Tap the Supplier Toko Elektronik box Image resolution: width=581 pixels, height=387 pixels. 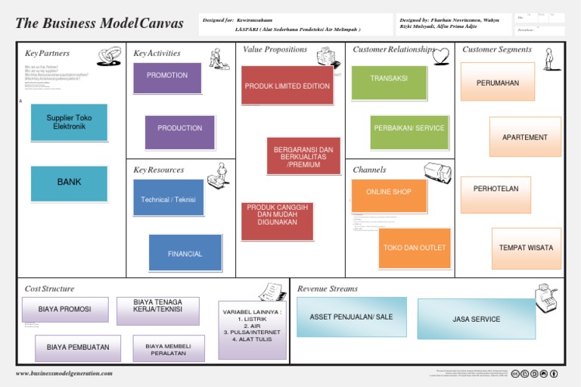[x=69, y=123]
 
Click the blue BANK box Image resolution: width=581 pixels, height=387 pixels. [x=69, y=183]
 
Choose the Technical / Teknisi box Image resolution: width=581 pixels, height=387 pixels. [x=168, y=198]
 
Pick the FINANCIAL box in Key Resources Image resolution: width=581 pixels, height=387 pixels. [x=185, y=253]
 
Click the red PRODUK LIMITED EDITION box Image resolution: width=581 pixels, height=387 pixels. [x=287, y=86]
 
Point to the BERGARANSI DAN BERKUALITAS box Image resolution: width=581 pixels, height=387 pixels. [x=303, y=156]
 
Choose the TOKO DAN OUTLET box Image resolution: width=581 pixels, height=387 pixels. [x=414, y=248]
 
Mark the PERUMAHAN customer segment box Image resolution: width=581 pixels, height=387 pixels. [x=497, y=82]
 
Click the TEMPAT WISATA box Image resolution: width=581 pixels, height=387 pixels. [x=526, y=248]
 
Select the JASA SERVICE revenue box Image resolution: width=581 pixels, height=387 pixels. [x=476, y=319]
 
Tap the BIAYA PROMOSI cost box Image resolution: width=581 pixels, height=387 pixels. [x=65, y=309]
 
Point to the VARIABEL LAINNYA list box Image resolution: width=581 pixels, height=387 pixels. [x=252, y=329]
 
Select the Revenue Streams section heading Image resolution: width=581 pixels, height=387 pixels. [x=327, y=289]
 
